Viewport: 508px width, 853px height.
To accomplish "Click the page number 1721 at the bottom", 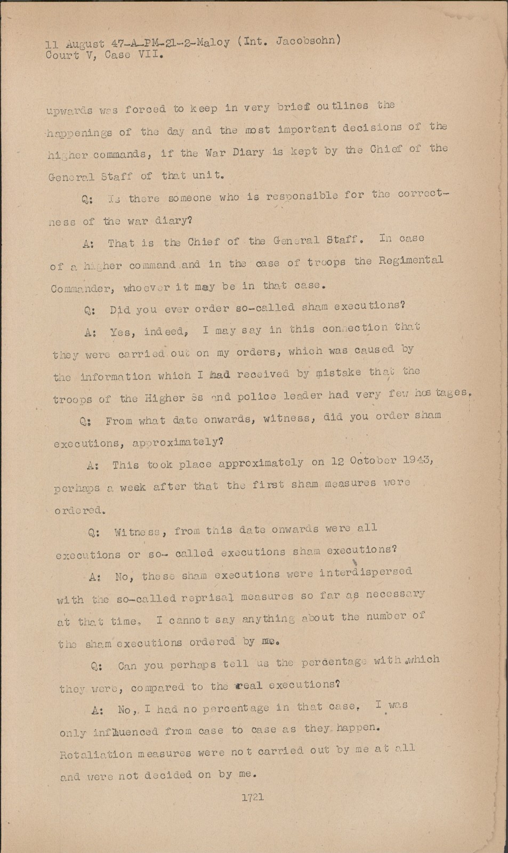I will [253, 798].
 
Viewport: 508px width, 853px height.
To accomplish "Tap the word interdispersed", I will [366, 573].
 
